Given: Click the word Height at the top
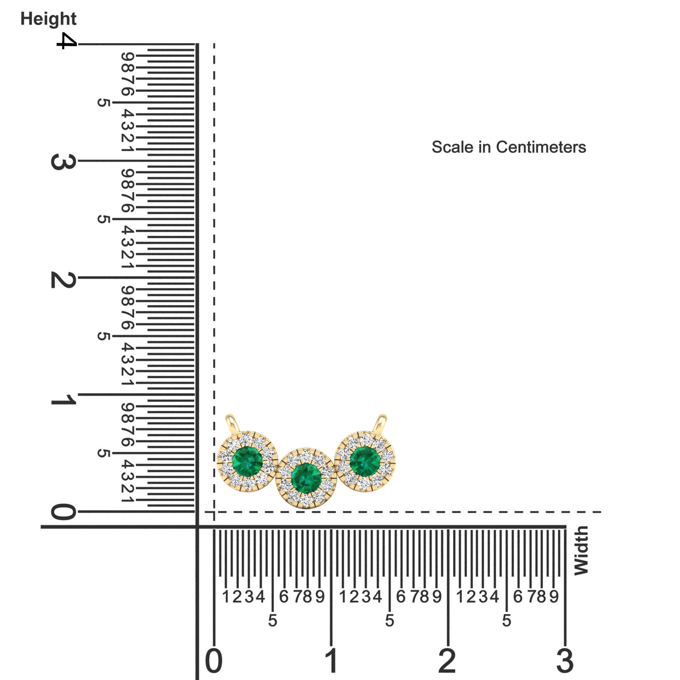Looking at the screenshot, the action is click(49, 19).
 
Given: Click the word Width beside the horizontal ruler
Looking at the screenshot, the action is click(581, 550).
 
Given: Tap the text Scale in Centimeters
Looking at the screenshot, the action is click(509, 147).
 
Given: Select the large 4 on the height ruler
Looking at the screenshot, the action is click(67, 41).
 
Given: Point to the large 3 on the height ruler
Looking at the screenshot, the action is click(64, 162).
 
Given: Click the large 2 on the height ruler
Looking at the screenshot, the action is click(64, 280).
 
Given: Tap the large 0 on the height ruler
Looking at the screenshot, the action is click(64, 511).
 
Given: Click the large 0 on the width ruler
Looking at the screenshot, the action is click(214, 661).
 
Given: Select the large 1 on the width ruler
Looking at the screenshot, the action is click(331, 661).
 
